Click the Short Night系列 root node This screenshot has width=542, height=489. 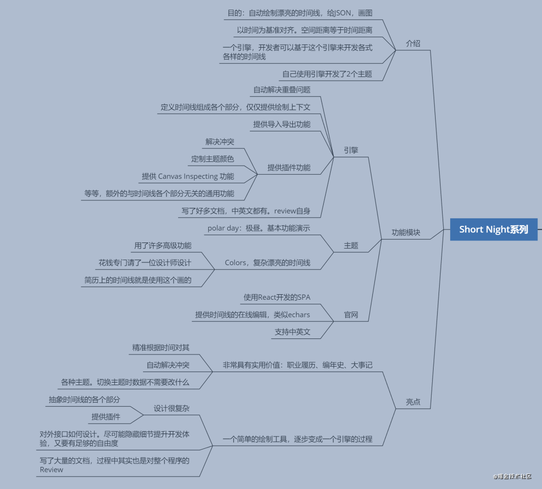pos(493,229)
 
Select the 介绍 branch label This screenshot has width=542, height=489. pos(413,44)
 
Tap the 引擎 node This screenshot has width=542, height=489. pos(351,150)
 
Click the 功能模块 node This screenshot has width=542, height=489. pos(406,232)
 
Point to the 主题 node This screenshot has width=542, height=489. pos(351,246)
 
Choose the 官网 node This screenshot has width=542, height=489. pos(351,315)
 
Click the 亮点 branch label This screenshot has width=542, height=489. pos(413,402)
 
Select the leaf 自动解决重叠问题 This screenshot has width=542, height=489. pos(282,90)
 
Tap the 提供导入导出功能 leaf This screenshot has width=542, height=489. pos(282,125)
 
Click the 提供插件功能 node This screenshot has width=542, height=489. pos(289,168)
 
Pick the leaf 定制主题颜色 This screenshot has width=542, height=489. pos(212,159)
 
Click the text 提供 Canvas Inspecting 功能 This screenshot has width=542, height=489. pos(188,176)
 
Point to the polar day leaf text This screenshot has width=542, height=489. pos(258,228)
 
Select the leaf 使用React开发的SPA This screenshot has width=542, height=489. pos(277,297)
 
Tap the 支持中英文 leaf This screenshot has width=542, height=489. pos(292,332)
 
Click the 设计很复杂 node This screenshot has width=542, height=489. pos(172,408)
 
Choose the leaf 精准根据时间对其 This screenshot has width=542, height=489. pos(161,347)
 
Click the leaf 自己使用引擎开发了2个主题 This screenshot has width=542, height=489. pos(327,74)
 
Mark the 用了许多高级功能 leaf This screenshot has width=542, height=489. pos(163,246)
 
